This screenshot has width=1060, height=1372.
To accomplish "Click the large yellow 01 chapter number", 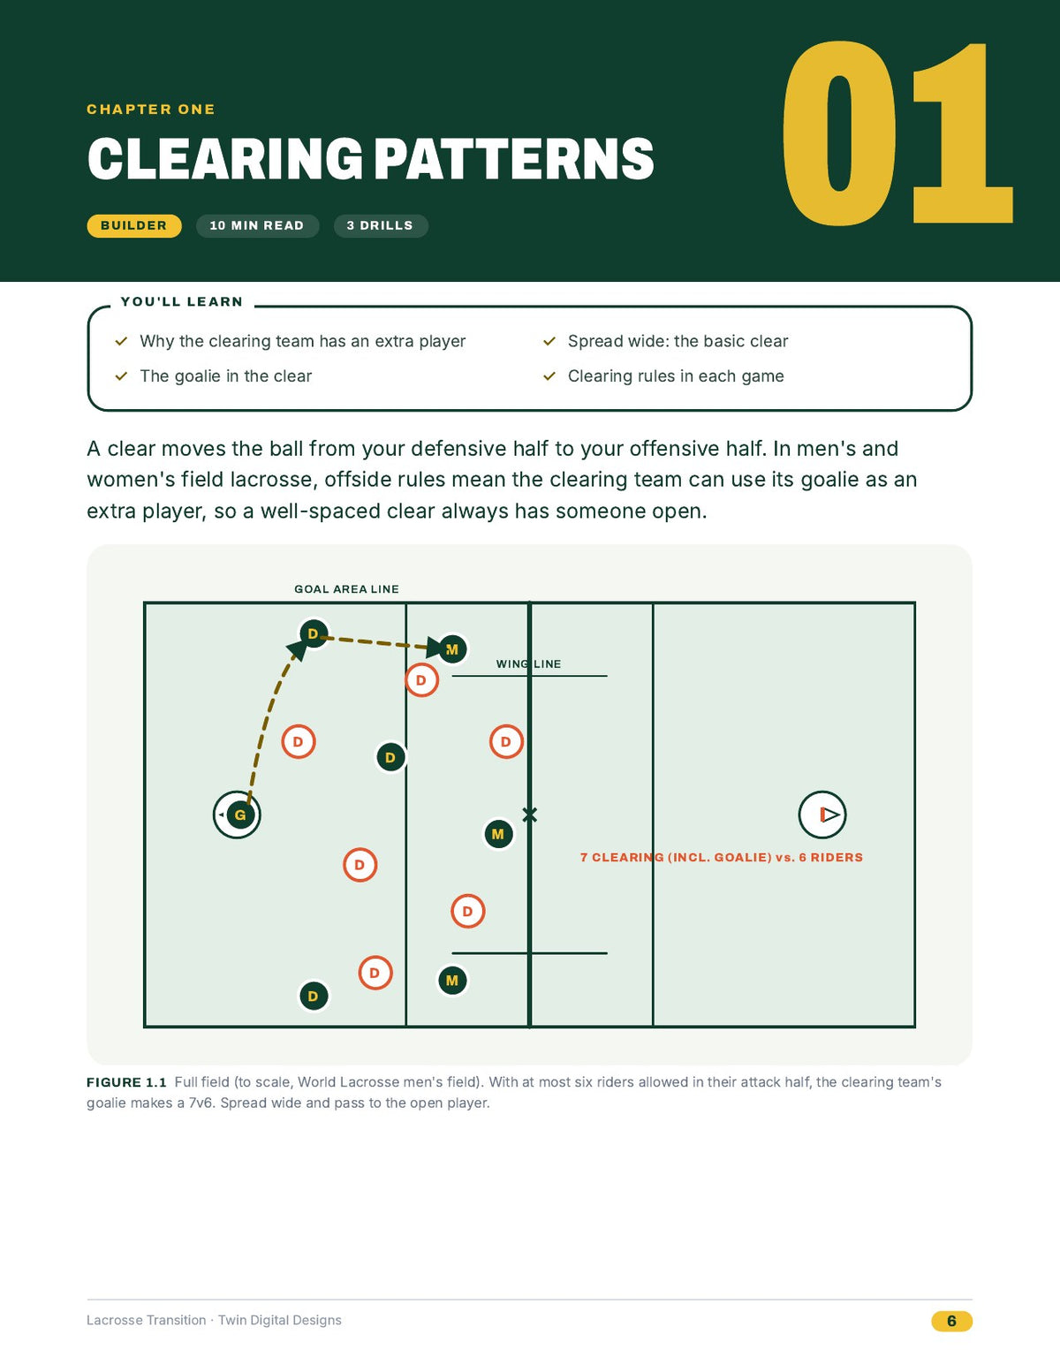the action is pos(897,133).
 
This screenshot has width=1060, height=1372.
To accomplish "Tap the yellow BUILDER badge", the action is pos(134,226).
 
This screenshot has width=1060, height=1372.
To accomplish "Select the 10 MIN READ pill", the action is pos(257,226).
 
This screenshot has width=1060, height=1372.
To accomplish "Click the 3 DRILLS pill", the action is pos(380,226).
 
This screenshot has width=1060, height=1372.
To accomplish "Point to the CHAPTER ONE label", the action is pos(151,110).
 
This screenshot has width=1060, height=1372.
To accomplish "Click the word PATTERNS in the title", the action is pos(514,158).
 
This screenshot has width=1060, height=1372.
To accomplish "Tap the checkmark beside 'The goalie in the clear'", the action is pos(121,376).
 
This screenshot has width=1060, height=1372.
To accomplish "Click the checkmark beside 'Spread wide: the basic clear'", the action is pos(549,342).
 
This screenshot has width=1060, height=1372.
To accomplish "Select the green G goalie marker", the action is pos(240,815).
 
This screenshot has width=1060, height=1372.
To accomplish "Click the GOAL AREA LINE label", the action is pos(346,589).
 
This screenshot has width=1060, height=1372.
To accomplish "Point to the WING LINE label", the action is pos(528,664).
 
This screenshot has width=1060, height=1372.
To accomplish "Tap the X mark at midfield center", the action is pos(530,815).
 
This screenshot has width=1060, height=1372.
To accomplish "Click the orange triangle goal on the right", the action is pos(829,815).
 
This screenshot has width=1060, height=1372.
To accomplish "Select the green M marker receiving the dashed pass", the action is pos(452,649).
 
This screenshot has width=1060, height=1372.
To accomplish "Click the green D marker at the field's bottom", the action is pos(313,997).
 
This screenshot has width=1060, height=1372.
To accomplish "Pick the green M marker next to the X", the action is pos(498,834).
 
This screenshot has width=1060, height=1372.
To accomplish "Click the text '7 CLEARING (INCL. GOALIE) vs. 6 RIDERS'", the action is pos(721,858).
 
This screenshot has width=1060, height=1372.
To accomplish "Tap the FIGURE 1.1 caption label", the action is pos(126,1083).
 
